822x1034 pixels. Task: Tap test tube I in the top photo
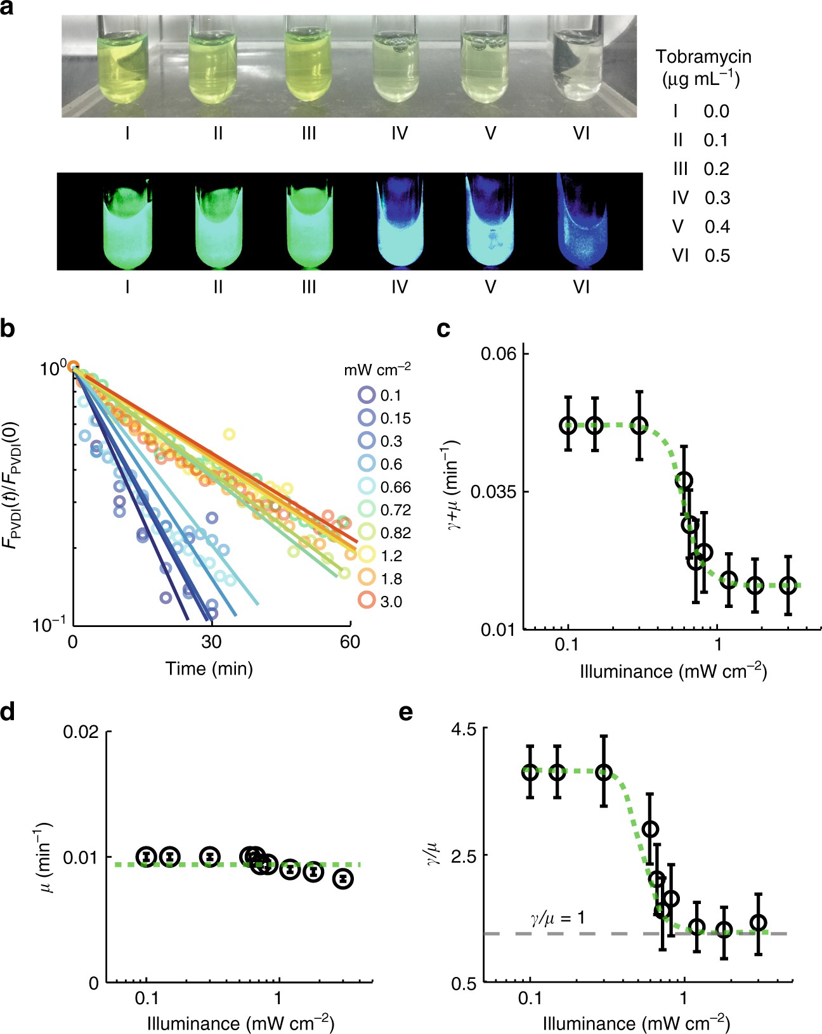pyautogui.click(x=127, y=70)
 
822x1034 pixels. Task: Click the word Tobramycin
pyautogui.click(x=703, y=56)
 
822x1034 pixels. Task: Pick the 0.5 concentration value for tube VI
pyautogui.click(x=717, y=256)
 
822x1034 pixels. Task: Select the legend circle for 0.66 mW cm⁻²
pyautogui.click(x=367, y=487)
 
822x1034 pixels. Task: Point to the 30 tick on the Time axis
pyautogui.click(x=211, y=642)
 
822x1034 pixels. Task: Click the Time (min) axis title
pyautogui.click(x=209, y=668)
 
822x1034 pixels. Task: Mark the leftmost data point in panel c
pyautogui.click(x=568, y=425)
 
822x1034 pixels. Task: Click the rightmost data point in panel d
pyautogui.click(x=343, y=879)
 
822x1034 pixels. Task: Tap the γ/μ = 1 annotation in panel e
pyautogui.click(x=557, y=917)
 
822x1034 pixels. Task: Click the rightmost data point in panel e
pyautogui.click(x=758, y=923)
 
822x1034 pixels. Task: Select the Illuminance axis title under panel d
pyautogui.click(x=240, y=1023)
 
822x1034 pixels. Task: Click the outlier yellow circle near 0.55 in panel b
pyautogui.click(x=229, y=434)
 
